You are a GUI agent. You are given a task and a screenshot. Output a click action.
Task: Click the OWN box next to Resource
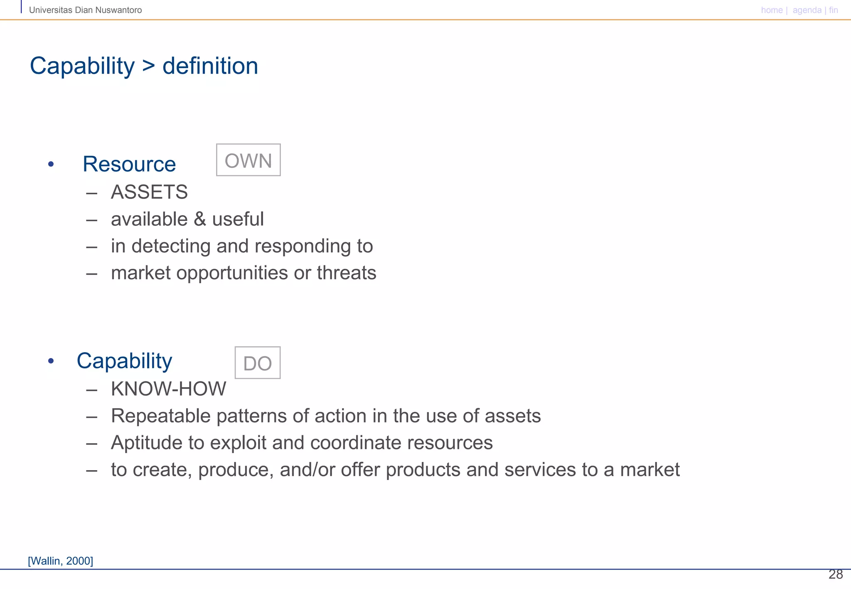[x=248, y=160]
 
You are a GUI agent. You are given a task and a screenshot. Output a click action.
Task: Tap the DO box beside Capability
[x=257, y=363]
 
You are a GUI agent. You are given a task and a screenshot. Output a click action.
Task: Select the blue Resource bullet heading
[x=129, y=164]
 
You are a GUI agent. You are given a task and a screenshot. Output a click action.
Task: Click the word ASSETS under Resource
[x=149, y=192]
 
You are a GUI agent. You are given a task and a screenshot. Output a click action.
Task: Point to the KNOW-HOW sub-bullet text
[x=168, y=389]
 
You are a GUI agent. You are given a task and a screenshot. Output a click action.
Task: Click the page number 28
[x=835, y=574]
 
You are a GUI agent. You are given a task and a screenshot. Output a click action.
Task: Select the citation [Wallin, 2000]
[x=61, y=561]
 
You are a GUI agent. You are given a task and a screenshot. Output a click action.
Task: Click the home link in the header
[x=772, y=10]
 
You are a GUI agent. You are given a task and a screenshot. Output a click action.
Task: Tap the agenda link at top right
[x=807, y=10]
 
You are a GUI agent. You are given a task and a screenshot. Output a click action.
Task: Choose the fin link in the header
[x=833, y=10]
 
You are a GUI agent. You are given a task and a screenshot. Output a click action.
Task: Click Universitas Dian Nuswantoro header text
[x=85, y=10]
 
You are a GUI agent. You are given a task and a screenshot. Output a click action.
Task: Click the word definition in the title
[x=210, y=66]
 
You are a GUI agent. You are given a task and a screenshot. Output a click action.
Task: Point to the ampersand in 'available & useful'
[x=200, y=219]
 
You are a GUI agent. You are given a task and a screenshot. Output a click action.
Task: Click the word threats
[x=346, y=273]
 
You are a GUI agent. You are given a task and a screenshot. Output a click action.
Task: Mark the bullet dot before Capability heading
[x=51, y=361]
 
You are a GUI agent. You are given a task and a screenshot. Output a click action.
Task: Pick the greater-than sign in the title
[x=148, y=66]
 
